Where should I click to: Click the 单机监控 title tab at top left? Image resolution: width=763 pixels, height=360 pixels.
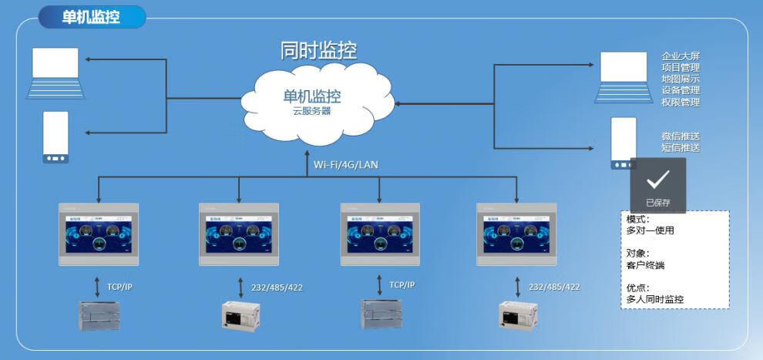91,17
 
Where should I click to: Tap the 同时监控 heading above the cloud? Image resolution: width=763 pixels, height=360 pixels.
318,51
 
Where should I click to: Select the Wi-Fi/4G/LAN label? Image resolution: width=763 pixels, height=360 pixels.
346,164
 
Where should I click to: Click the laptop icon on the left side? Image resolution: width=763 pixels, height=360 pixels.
55,73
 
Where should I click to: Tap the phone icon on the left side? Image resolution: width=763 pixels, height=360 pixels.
55,137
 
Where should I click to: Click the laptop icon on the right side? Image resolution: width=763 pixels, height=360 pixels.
624,78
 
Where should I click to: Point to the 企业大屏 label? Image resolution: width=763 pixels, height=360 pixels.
681,56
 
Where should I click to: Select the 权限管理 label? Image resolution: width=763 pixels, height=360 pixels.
681,103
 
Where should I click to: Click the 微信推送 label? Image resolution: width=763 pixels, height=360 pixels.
681,136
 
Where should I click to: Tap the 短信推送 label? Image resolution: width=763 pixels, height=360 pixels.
681,147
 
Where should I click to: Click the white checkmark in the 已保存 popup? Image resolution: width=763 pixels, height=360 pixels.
657,180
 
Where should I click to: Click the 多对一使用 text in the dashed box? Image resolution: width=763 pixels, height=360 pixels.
651,230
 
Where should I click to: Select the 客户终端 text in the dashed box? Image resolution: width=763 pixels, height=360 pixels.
646,265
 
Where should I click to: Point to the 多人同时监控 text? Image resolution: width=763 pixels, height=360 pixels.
656,299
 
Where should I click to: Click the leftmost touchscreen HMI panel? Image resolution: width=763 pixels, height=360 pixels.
99,234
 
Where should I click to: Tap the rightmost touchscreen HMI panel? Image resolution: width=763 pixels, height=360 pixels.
516,234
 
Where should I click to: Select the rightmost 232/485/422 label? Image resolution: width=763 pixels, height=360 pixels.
554,287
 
